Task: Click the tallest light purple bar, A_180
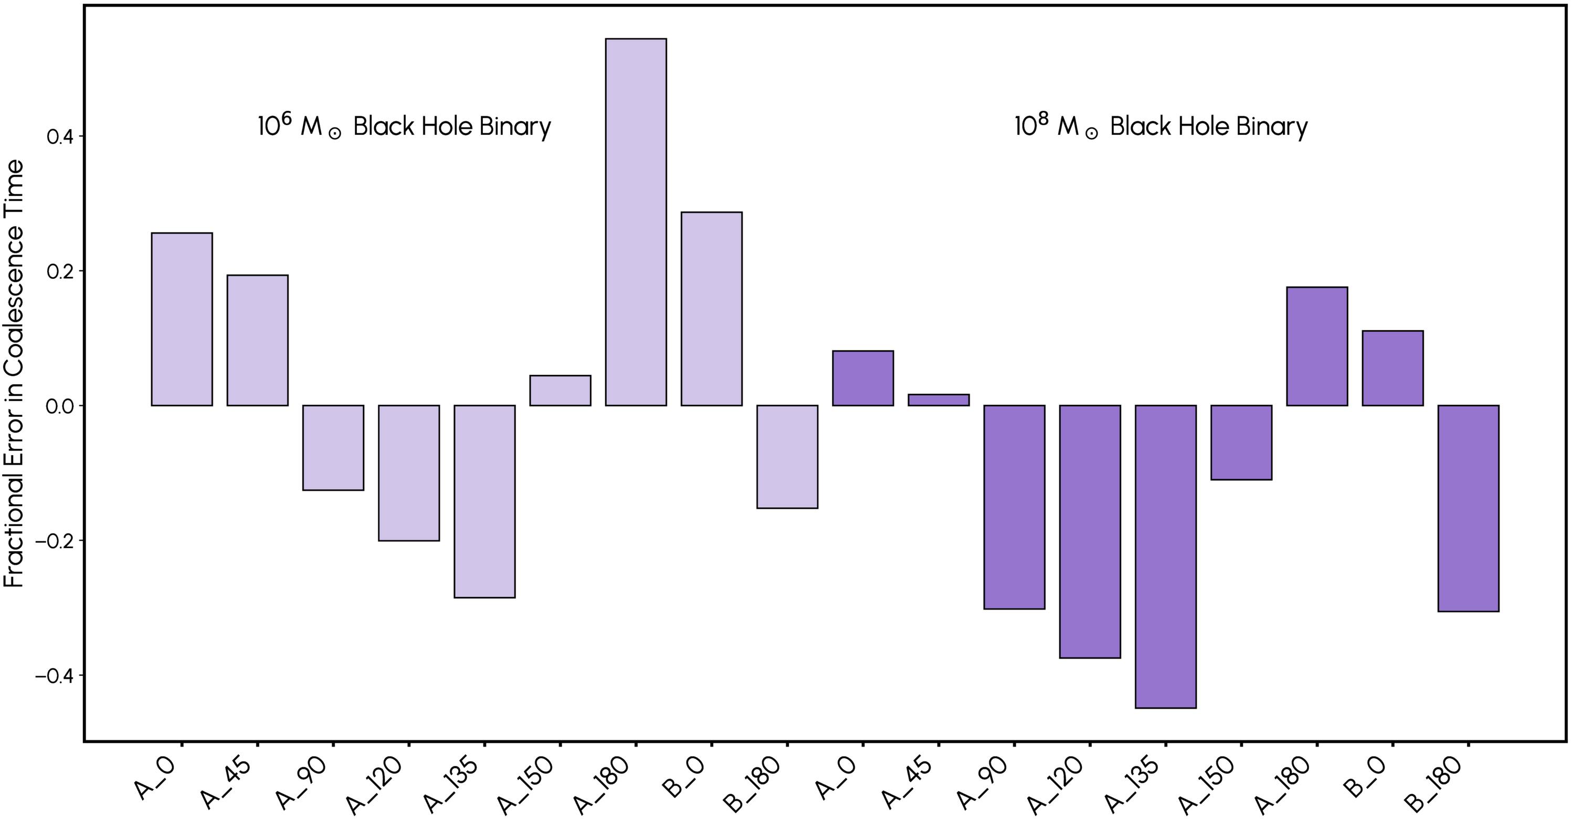pyautogui.click(x=636, y=222)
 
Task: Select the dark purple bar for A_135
pyautogui.click(x=1165, y=556)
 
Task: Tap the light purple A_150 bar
pyautogui.click(x=560, y=390)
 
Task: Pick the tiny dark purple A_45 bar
pyautogui.click(x=939, y=400)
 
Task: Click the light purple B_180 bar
pyautogui.click(x=787, y=456)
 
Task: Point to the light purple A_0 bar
pyautogui.click(x=182, y=319)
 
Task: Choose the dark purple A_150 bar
pyautogui.click(x=1241, y=442)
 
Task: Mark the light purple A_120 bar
pyautogui.click(x=408, y=472)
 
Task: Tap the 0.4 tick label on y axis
pyautogui.click(x=60, y=136)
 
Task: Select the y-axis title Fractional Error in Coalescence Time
pyautogui.click(x=15, y=373)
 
